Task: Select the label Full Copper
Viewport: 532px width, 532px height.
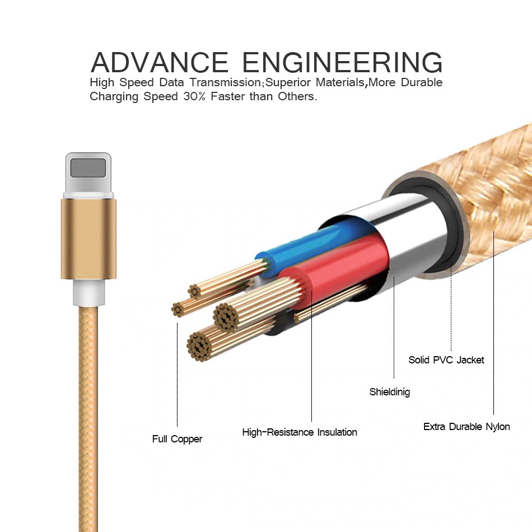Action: pyautogui.click(x=177, y=439)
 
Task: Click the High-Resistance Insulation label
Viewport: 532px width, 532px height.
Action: pyautogui.click(x=299, y=432)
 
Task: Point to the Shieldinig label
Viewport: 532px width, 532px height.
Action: pyautogui.click(x=389, y=392)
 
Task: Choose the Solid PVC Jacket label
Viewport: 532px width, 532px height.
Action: pyautogui.click(x=446, y=360)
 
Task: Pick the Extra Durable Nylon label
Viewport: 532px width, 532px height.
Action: pyautogui.click(x=466, y=427)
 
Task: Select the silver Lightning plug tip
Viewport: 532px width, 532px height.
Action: pyautogui.click(x=88, y=174)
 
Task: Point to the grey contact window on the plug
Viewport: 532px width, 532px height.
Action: pyautogui.click(x=88, y=167)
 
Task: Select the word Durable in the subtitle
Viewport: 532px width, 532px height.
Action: pyautogui.click(x=419, y=83)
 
